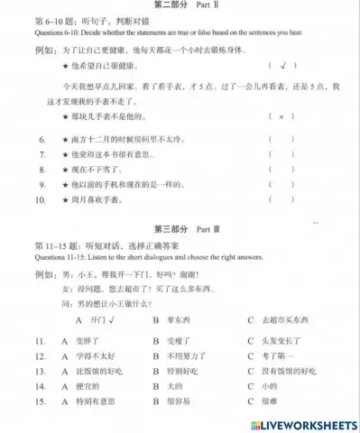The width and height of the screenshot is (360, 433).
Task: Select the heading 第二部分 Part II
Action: [180, 6]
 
